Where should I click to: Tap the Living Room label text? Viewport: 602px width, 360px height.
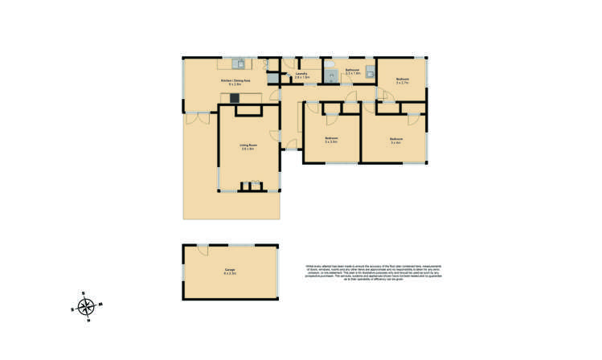tap(247, 147)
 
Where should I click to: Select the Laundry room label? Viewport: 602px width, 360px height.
tap(301, 76)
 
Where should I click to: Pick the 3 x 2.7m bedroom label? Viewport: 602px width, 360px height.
tap(403, 80)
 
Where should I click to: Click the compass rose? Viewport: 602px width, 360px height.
tap(87, 306)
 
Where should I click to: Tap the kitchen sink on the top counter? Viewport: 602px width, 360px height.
tap(239, 63)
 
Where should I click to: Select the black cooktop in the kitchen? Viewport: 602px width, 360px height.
tap(235, 98)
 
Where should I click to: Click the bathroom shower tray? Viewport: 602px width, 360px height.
tap(331, 76)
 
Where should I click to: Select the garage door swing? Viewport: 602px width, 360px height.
tap(203, 248)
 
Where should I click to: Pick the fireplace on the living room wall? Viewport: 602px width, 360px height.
tap(256, 186)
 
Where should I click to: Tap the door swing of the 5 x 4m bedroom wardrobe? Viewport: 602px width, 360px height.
tap(412, 119)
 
